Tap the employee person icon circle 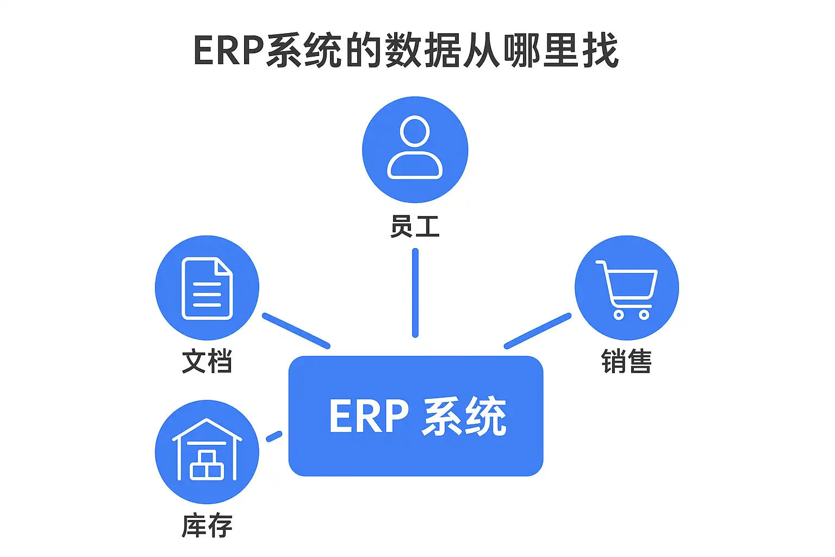pos(415,149)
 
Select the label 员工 pos(415,226)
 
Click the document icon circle pos(207,287)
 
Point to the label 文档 pos(207,361)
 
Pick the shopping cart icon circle pos(627,287)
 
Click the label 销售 pos(626,361)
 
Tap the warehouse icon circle pos(207,451)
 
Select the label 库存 pos(207,526)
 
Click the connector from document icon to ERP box pos(296,331)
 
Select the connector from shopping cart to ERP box pos(538,331)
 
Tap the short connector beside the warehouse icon pos(274,436)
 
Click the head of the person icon pos(415,131)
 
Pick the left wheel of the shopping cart pos(619,314)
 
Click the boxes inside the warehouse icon pos(207,466)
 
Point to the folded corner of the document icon pos(223,267)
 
